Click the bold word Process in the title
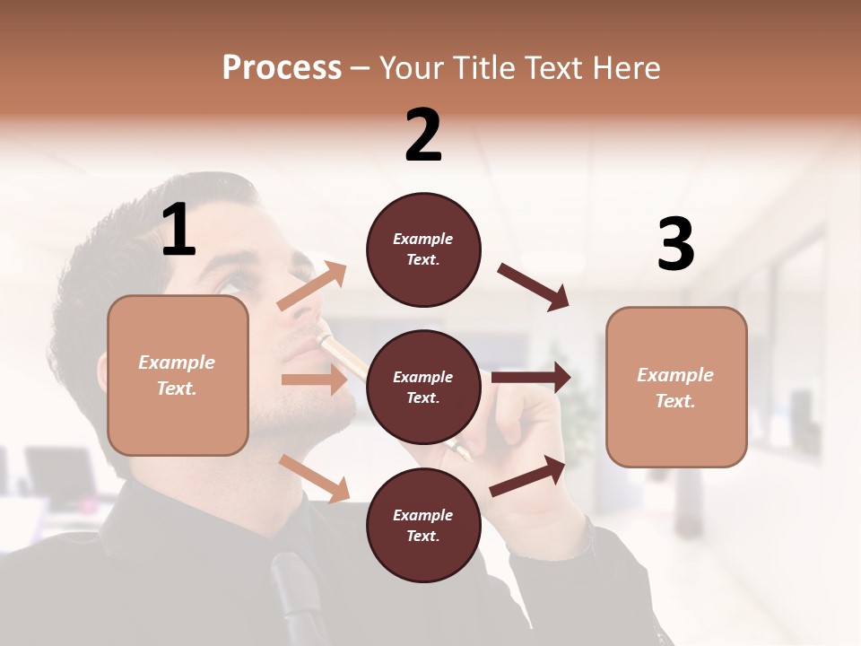pyautogui.click(x=282, y=67)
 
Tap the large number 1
pyautogui.click(x=178, y=231)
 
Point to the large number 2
pyautogui.click(x=423, y=135)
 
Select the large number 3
pyautogui.click(x=675, y=244)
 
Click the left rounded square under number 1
pyautogui.click(x=178, y=375)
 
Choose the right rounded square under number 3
pyautogui.click(x=676, y=387)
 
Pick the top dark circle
pyautogui.click(x=423, y=249)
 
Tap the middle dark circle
pyautogui.click(x=423, y=388)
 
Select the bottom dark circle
pyautogui.click(x=423, y=525)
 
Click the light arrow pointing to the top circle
pyautogui.click(x=312, y=286)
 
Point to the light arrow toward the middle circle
pyautogui.click(x=314, y=380)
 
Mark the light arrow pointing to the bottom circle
pyautogui.click(x=315, y=478)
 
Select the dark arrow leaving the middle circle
pyautogui.click(x=531, y=378)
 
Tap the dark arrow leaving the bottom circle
pyautogui.click(x=527, y=476)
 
